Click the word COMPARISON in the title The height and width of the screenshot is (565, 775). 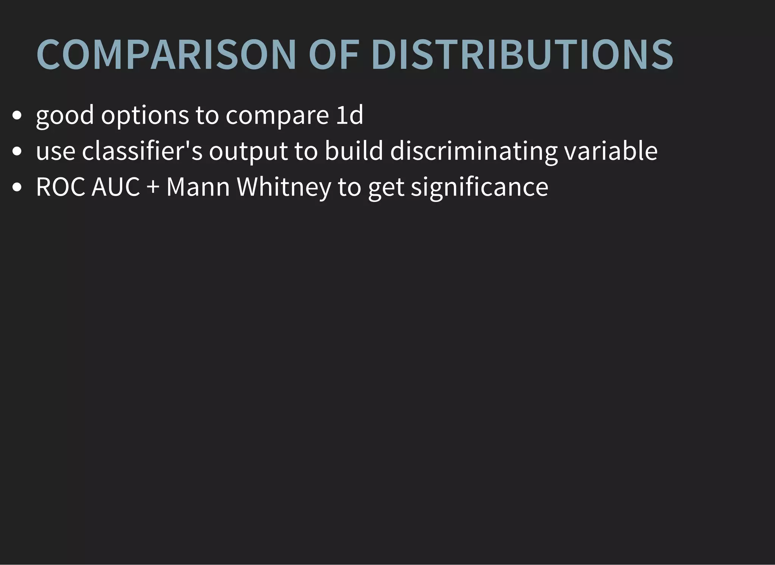click(x=166, y=54)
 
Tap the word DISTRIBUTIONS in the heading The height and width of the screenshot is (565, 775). click(x=522, y=54)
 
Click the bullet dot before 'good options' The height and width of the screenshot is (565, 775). click(x=17, y=115)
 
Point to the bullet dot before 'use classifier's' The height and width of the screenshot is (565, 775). click(x=17, y=151)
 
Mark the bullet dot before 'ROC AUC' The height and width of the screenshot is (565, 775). click(x=17, y=187)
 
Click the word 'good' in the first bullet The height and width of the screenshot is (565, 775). click(x=65, y=115)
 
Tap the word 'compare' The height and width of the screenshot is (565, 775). click(x=277, y=115)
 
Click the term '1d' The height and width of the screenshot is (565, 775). click(x=350, y=115)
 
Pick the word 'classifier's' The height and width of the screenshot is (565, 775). click(x=142, y=151)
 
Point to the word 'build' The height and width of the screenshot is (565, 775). click(x=354, y=151)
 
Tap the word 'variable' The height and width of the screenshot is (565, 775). click(x=611, y=151)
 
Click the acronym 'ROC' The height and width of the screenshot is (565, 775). click(x=61, y=187)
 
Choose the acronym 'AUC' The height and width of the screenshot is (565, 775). click(x=116, y=187)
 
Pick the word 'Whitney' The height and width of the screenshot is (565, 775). click(x=284, y=187)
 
